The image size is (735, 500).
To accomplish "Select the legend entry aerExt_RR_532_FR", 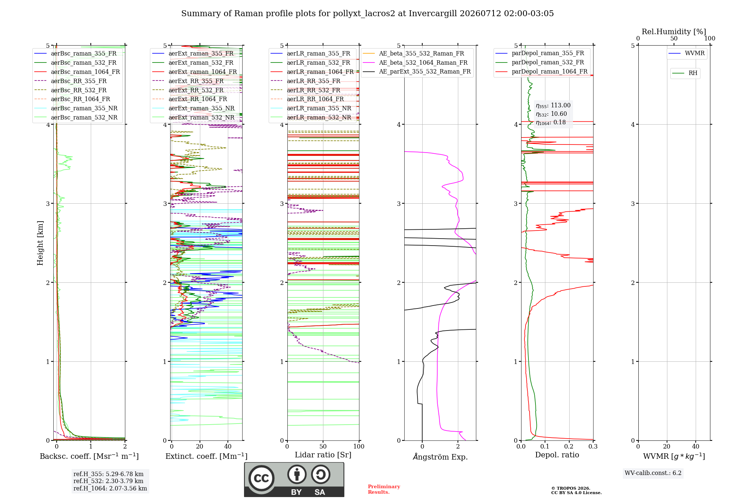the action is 188,90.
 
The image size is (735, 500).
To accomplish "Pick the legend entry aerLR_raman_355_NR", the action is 311,108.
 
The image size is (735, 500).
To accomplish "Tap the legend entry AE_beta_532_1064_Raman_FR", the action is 415,63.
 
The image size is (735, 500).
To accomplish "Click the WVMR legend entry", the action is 686,53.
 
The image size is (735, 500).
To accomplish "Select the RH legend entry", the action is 685,73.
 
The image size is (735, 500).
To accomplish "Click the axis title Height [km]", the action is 40,243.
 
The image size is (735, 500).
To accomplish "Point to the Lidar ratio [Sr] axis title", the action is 323,455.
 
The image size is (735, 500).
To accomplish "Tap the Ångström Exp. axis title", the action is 440,457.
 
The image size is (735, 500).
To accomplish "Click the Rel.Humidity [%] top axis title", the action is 674,32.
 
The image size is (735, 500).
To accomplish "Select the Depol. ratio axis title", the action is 557,455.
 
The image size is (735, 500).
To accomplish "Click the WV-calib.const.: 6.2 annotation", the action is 653,473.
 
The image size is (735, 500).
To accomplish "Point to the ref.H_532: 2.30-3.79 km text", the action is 108,481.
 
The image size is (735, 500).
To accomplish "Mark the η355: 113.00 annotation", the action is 553,106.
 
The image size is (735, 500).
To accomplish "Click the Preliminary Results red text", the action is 384,489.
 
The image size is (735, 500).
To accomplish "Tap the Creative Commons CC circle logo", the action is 262,478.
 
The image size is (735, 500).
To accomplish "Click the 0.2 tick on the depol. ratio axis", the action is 569,446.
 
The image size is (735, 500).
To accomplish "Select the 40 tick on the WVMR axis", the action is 696,446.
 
